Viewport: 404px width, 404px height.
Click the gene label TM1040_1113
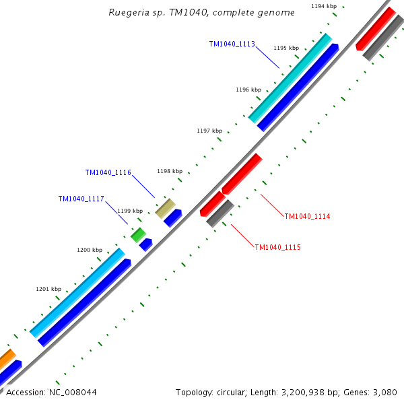point(232,44)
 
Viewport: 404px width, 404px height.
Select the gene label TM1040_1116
point(108,173)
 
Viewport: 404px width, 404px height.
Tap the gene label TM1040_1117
point(81,199)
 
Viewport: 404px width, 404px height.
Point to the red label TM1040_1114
point(307,216)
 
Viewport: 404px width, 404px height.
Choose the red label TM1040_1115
point(277,247)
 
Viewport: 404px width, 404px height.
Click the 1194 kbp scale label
point(324,6)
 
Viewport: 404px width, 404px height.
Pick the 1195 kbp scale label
point(286,48)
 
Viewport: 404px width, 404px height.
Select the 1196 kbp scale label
point(248,90)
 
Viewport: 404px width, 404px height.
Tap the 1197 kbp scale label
point(209,131)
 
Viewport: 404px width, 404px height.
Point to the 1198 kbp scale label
point(170,171)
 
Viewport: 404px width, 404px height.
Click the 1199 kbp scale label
point(130,211)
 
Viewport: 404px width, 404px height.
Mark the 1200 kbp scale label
point(90,250)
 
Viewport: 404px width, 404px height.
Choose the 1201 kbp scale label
point(48,289)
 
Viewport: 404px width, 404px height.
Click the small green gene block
point(139,235)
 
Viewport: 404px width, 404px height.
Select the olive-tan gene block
point(166,208)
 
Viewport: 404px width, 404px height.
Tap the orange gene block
point(6,359)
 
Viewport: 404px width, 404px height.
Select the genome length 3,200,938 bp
point(304,392)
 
